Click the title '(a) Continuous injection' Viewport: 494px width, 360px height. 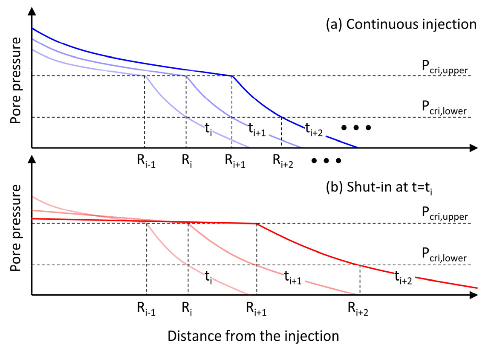[x=401, y=24]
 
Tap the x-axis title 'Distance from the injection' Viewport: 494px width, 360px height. [x=253, y=336]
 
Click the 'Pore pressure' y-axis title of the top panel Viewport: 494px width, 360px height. [x=16, y=81]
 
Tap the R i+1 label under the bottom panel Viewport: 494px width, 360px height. [x=257, y=309]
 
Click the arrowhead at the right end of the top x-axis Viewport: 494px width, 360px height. [x=473, y=148]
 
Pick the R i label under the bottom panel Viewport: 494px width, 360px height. [x=187, y=309]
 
